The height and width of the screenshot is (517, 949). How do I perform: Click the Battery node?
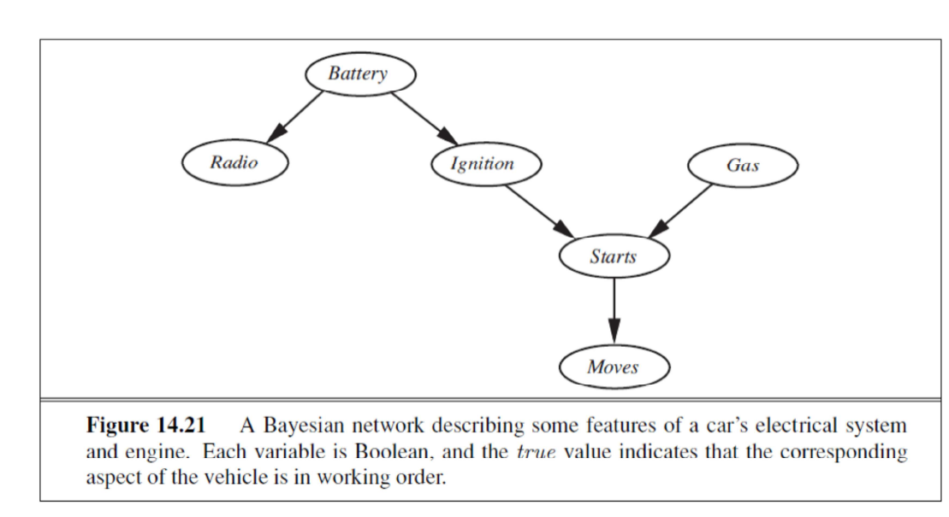click(359, 74)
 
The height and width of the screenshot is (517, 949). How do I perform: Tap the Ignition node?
click(483, 164)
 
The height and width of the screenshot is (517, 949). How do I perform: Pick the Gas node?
click(742, 165)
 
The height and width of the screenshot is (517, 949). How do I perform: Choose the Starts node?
click(613, 256)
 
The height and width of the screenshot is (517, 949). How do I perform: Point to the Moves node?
click(613, 367)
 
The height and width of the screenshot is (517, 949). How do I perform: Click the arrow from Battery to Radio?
click(295, 116)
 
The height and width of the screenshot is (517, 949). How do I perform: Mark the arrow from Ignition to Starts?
click(539, 209)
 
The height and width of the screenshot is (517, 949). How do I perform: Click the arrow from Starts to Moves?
click(614, 312)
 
